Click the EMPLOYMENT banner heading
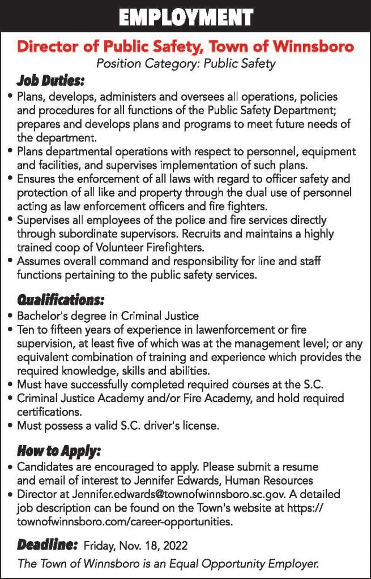tap(185, 16)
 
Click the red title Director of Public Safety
tap(185, 46)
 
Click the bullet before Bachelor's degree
tap(11, 316)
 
